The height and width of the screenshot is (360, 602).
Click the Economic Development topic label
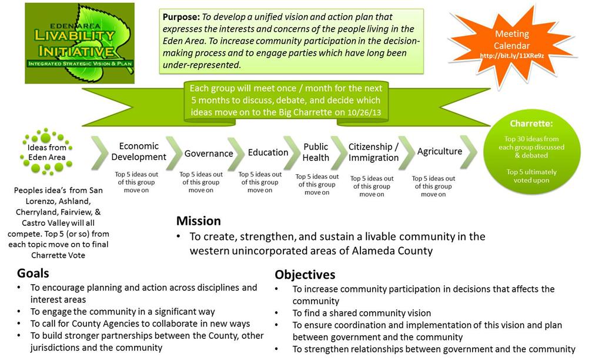pyautogui.click(x=139, y=151)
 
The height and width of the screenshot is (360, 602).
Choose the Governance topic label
pyautogui.click(x=209, y=154)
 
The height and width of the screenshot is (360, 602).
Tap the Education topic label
pyautogui.click(x=267, y=152)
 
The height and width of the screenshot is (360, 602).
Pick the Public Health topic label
pyautogui.click(x=316, y=152)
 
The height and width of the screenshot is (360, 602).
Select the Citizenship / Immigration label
pyautogui.click(x=373, y=152)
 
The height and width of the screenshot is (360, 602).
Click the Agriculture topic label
pyautogui.click(x=440, y=151)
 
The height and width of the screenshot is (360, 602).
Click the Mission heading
pyautogui.click(x=199, y=221)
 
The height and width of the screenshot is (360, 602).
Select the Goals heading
pyautogui.click(x=33, y=273)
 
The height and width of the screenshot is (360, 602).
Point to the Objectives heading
pyautogui.click(x=305, y=275)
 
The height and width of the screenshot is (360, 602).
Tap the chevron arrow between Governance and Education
pyautogui.click(x=236, y=153)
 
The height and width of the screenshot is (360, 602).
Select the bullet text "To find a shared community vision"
pyautogui.click(x=362, y=313)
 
